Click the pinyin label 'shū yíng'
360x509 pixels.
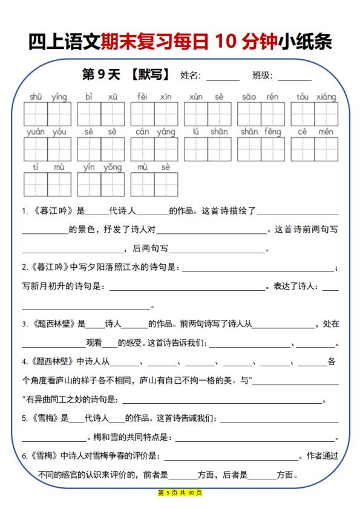pos(48,97)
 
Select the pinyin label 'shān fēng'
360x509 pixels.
pos(261,132)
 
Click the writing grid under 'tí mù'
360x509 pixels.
pos(48,185)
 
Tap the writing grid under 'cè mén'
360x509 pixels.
pos(315,149)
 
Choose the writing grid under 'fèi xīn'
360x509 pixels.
pos(154,114)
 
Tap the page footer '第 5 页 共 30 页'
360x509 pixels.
pos(180,493)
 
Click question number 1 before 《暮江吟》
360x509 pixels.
pos(25,212)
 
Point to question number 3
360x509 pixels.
pos(25,325)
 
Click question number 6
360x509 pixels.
pos(25,456)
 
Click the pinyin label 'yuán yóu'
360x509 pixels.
pos(47,132)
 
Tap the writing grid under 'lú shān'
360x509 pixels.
pos(208,149)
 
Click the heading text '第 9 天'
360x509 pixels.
pos(101,75)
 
